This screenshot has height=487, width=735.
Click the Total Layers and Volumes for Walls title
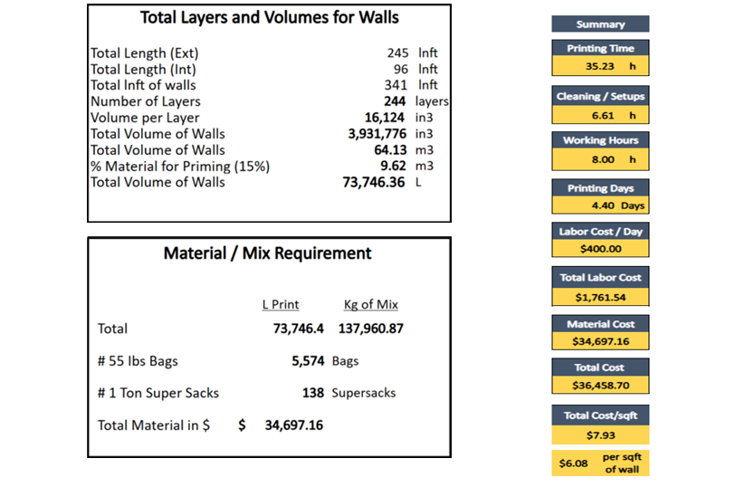[270, 17]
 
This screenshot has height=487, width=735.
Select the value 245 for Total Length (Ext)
[398, 53]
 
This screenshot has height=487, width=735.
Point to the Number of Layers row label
[145, 101]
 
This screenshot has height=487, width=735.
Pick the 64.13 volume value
[391, 150]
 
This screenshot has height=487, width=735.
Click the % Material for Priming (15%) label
[180, 166]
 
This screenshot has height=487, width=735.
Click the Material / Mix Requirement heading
[267, 253]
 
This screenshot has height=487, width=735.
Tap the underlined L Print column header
[280, 304]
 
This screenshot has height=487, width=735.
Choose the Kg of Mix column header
[370, 304]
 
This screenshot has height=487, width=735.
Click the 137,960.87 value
[371, 329]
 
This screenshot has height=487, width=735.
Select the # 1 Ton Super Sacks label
[157, 393]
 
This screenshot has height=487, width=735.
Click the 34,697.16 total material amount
[291, 425]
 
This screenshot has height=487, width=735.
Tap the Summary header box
[600, 24]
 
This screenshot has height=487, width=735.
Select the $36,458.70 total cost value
[600, 386]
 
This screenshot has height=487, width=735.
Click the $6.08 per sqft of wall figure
[574, 463]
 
